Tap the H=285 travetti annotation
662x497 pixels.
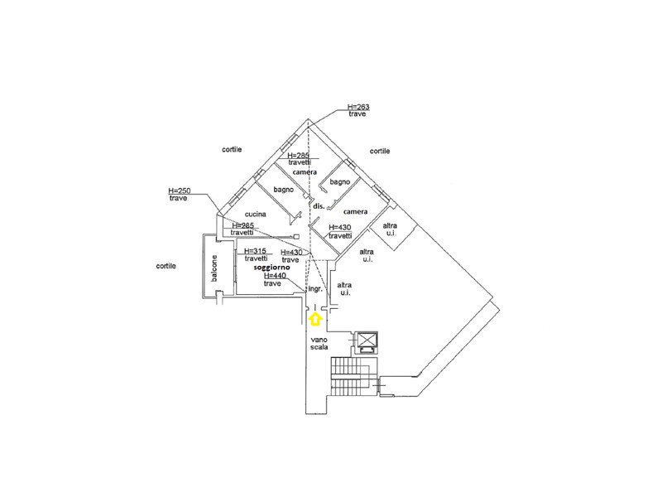tap(299, 159)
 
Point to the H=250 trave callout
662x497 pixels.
tap(179, 195)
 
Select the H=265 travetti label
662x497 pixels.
tap(242, 229)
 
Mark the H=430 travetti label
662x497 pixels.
tap(340, 231)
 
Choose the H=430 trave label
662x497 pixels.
tap(292, 256)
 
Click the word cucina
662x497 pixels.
tap(255, 215)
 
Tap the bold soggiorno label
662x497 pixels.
tap(272, 268)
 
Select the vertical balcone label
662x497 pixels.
tap(214, 268)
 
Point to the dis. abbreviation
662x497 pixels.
tap(317, 205)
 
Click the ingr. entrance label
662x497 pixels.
tap(315, 290)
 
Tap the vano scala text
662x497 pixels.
tap(319, 344)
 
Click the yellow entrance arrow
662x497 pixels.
tap(314, 316)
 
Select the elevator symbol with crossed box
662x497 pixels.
tap(365, 341)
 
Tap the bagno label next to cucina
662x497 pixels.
tap(284, 190)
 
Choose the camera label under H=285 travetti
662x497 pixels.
tap(305, 171)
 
